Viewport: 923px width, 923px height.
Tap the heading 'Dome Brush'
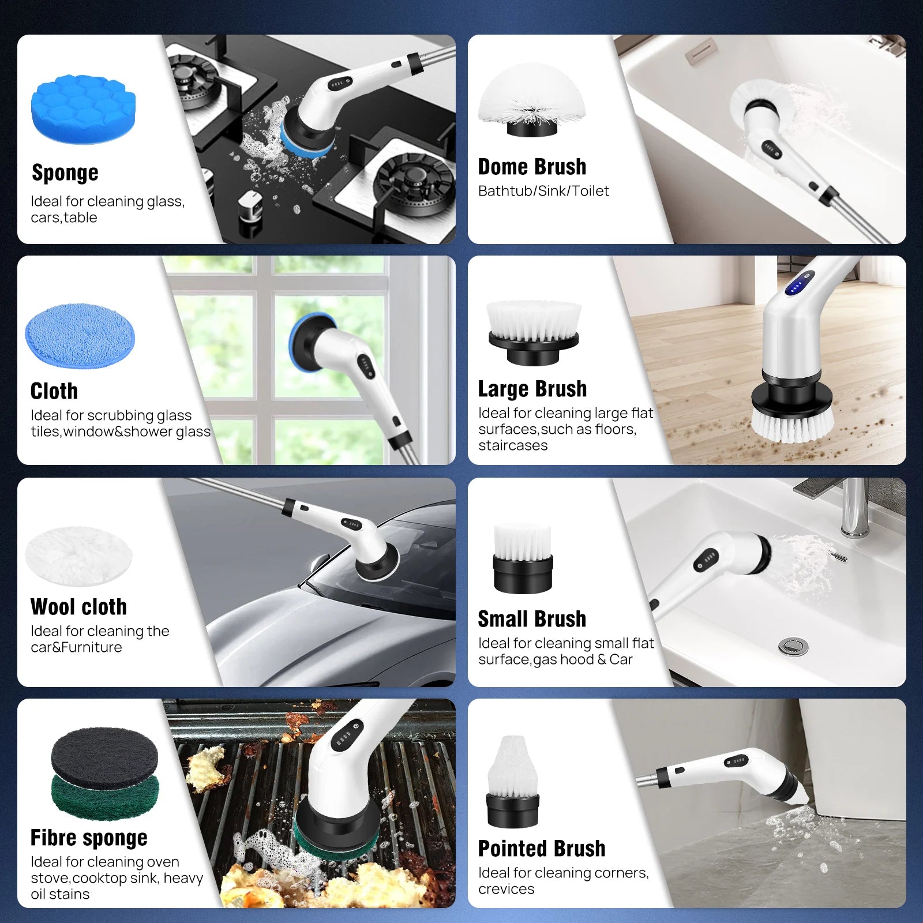point(532,167)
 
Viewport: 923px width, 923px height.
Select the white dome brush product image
point(531,100)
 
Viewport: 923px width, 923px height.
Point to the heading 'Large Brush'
point(532,389)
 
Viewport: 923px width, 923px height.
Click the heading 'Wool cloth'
point(78,607)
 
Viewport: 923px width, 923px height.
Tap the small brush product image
point(523,558)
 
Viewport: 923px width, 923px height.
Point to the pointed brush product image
point(513,782)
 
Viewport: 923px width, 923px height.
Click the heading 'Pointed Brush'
point(542,849)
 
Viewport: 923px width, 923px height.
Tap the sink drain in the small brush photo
point(793,646)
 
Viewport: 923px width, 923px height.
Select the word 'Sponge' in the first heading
point(65,172)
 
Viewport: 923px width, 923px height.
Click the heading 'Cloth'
point(54,391)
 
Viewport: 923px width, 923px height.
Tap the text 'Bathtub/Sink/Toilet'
point(543,191)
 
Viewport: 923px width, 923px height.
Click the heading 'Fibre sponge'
point(89,838)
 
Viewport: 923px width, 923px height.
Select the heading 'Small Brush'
point(532,619)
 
